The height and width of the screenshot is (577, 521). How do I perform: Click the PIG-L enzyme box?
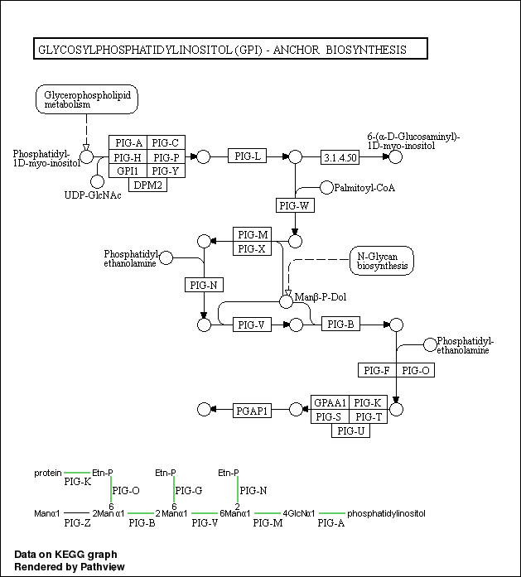point(248,156)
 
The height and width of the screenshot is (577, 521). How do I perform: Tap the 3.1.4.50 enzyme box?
point(340,156)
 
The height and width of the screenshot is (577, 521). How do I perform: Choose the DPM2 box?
point(147,185)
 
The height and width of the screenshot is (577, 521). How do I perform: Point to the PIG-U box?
point(350,430)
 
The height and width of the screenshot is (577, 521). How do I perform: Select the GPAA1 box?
point(330,402)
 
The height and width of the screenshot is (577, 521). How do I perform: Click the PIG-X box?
point(252,248)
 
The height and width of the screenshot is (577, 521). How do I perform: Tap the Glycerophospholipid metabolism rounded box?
point(86,99)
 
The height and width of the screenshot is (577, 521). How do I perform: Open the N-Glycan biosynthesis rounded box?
point(382,261)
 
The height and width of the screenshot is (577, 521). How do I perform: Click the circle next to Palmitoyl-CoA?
point(326,187)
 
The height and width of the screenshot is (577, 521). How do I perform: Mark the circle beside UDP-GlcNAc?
point(97,181)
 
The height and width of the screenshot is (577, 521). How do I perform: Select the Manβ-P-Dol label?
point(320,296)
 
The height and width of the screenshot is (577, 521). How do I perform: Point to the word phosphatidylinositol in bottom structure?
point(386,513)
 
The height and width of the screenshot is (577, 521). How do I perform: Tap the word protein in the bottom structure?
point(48,473)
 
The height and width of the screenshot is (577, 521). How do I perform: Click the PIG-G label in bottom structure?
point(189,490)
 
